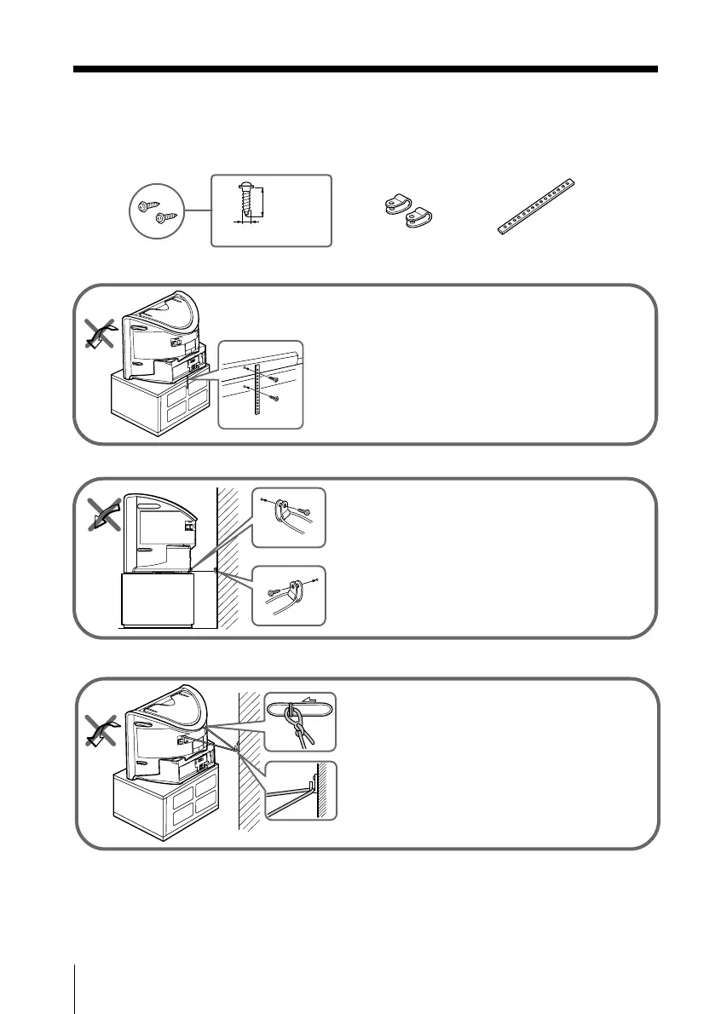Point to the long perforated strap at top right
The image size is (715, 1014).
coord(538,207)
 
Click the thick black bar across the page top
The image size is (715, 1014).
coord(365,70)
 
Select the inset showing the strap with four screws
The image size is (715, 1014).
coord(260,385)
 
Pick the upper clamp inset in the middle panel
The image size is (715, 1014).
coord(290,517)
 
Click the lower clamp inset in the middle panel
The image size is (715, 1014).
coord(290,594)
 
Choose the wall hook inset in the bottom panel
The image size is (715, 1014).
coord(300,791)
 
